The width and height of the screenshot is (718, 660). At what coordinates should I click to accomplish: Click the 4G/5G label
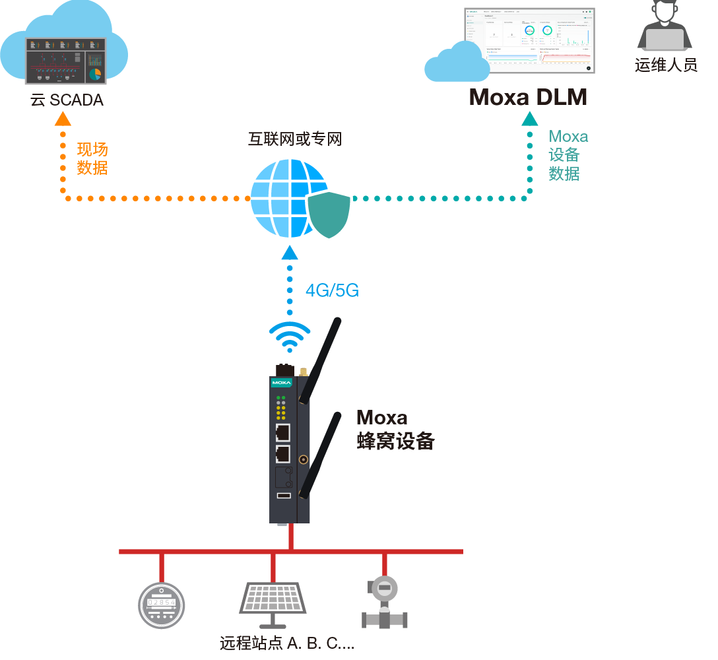click(x=332, y=290)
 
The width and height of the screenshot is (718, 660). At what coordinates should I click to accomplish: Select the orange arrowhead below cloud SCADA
click(x=63, y=119)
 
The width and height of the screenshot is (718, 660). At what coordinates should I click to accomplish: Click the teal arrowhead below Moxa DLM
click(x=529, y=119)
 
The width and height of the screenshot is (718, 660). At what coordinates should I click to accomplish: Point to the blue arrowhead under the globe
click(x=289, y=252)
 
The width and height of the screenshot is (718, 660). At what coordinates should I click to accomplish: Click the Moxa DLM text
click(x=528, y=98)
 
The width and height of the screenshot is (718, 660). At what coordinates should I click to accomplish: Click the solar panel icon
click(x=272, y=604)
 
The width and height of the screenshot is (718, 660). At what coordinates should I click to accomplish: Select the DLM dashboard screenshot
click(x=529, y=41)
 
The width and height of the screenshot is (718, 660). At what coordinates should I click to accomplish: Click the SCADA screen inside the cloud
click(x=65, y=61)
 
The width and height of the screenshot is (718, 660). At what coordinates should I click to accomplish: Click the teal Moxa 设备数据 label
click(x=568, y=155)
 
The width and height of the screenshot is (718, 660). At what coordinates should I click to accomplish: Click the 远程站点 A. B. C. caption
click(x=287, y=643)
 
